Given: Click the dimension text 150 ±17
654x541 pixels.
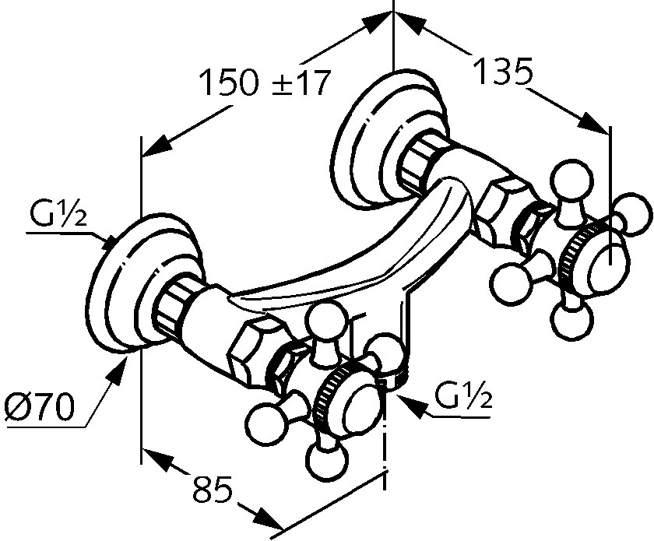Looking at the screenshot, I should pyautogui.click(x=265, y=82).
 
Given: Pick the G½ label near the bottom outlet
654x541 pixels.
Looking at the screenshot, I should pyautogui.click(x=464, y=400).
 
